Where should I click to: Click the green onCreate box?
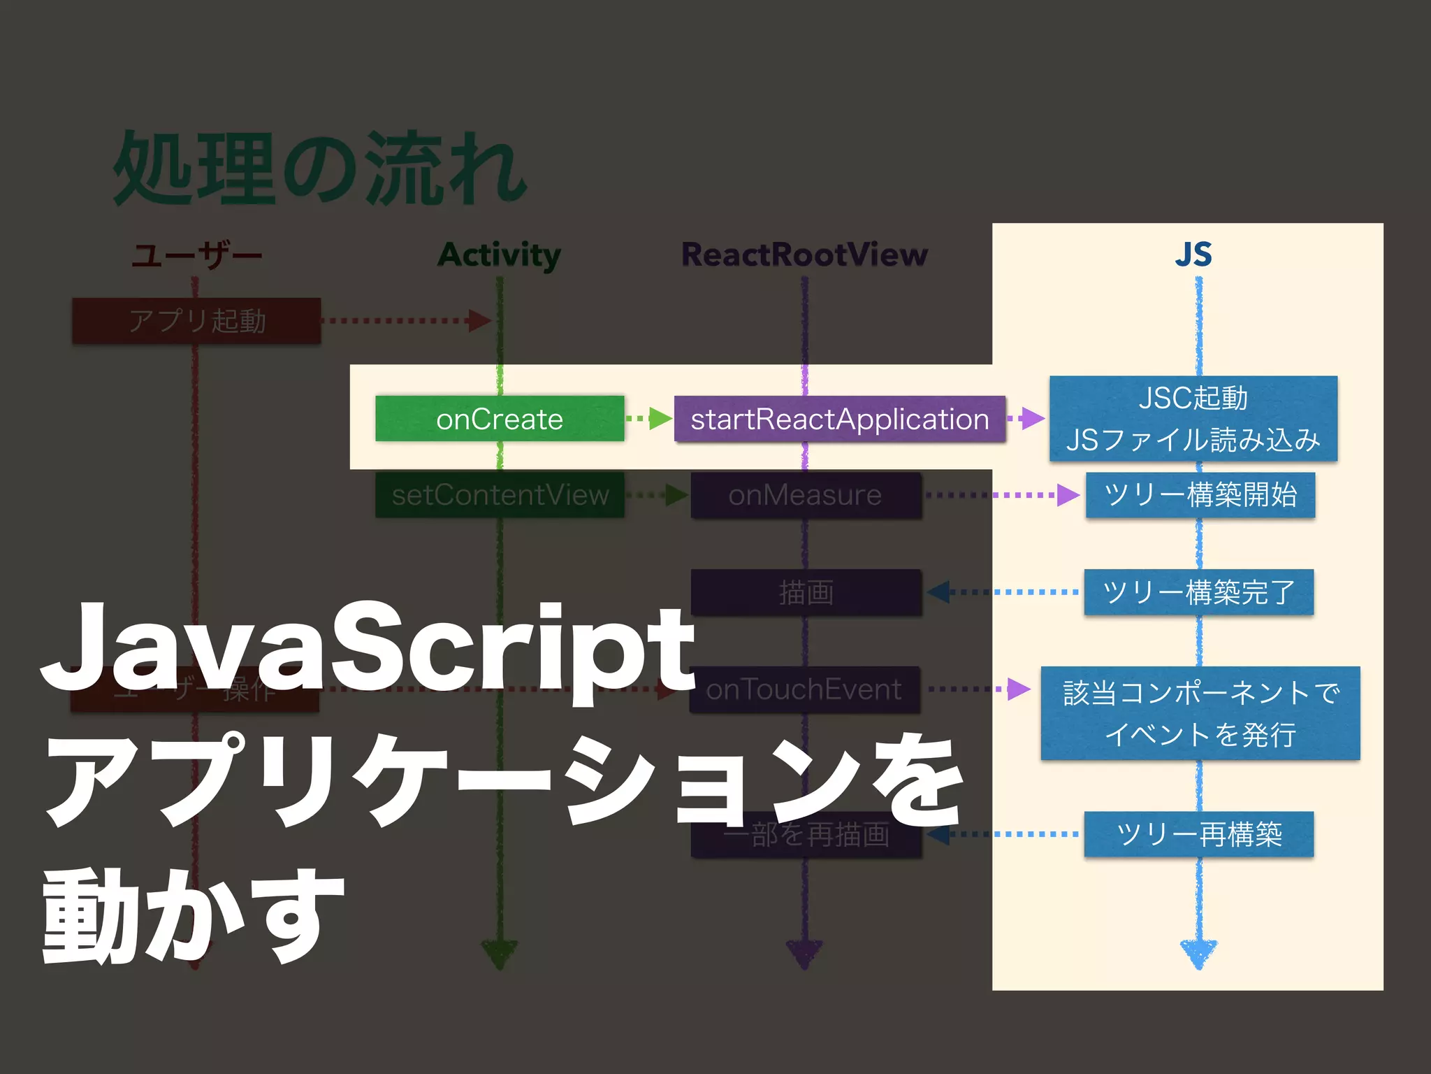tap(499, 418)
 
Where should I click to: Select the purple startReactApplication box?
tap(839, 418)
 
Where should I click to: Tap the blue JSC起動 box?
tap(1193, 418)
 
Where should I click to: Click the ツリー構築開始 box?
tap(1200, 494)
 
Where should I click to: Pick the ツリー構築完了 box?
tap(1198, 592)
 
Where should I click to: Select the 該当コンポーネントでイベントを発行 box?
tap(1200, 713)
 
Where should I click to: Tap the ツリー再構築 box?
tap(1198, 833)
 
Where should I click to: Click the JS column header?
tap(1193, 254)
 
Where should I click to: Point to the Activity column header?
tap(499, 255)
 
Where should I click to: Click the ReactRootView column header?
tap(804, 254)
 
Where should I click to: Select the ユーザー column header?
tap(196, 255)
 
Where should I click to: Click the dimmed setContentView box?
tap(499, 494)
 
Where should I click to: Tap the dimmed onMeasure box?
tap(805, 494)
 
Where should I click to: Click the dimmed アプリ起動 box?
tap(196, 320)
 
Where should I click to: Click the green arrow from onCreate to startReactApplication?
tap(648, 418)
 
